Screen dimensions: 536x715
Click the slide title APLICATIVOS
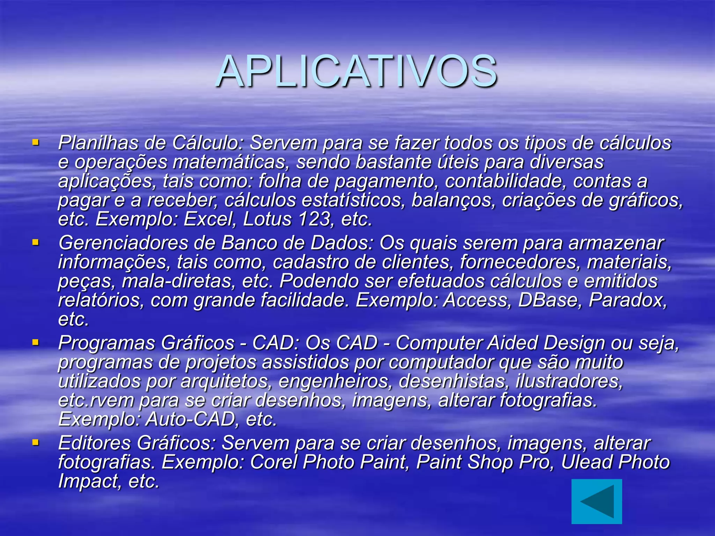[357, 72]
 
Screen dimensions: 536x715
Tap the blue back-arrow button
[596, 501]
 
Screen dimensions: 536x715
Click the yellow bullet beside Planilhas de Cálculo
[35, 142]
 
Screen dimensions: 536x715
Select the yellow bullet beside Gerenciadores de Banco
[35, 242]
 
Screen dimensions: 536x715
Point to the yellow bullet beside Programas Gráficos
[35, 342]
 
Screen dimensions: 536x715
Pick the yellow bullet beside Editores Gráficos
[35, 442]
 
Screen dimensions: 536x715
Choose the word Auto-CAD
[190, 419]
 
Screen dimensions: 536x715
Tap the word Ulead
[586, 462]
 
